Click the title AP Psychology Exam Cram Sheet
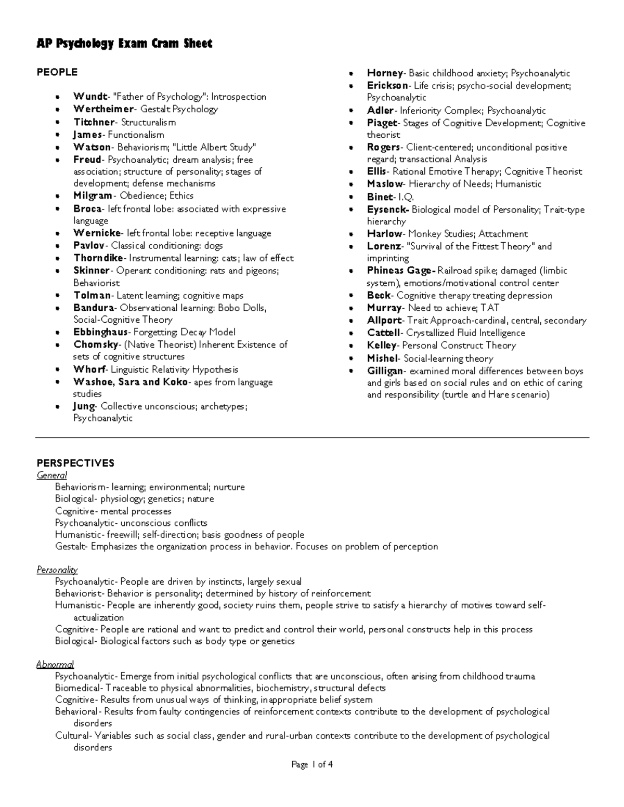(124, 44)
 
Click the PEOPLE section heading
(57, 72)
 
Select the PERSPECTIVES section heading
(75, 463)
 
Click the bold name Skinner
(92, 271)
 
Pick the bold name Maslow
(385, 184)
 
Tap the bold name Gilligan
(385, 371)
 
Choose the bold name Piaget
(382, 123)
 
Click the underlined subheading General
(51, 475)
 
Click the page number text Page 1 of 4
(312, 764)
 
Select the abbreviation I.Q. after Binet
(406, 197)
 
